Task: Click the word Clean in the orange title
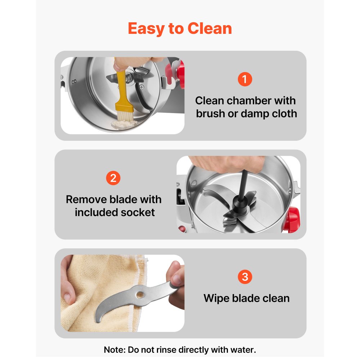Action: coord(210,28)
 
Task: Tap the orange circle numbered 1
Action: coord(245,79)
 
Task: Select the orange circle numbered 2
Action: coord(113,178)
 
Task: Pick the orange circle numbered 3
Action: coord(245,276)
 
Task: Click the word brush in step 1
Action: coord(210,114)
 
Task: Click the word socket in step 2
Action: coord(138,212)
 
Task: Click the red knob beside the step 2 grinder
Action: coord(292,219)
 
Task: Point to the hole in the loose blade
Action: coord(140,294)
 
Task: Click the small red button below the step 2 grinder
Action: coord(182,229)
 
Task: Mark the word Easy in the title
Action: coord(146,29)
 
